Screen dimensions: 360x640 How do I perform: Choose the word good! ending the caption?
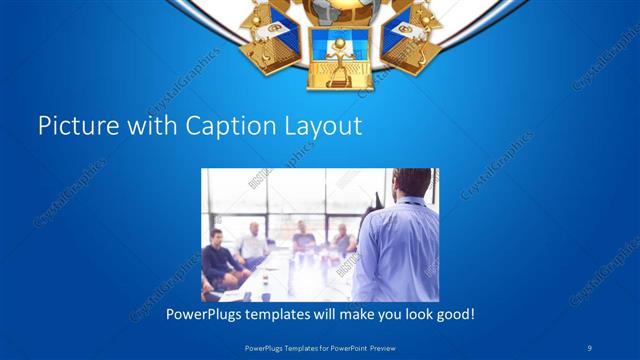(455, 313)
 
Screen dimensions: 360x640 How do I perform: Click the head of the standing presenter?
(412, 185)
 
